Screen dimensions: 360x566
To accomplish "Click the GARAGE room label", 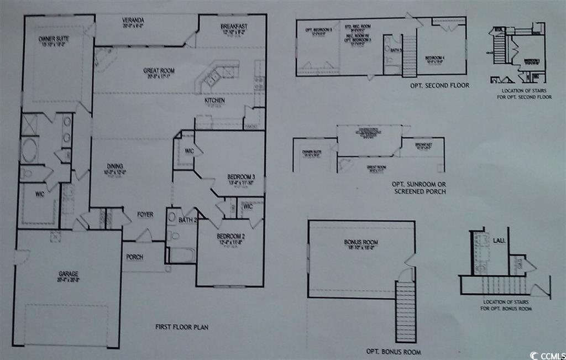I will pyautogui.click(x=69, y=274).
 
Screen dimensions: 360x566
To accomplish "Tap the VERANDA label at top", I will pyautogui.click(x=133, y=22).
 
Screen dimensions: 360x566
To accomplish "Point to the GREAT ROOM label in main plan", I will pyautogui.click(x=159, y=71).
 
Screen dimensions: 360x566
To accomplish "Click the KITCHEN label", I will pyautogui.click(x=214, y=101).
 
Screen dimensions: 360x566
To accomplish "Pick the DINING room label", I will pyautogui.click(x=115, y=166).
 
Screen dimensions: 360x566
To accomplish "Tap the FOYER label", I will pyautogui.click(x=145, y=215).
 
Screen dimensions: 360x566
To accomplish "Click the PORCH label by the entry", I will pyautogui.click(x=135, y=257).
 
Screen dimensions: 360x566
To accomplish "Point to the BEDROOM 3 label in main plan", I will pyautogui.click(x=240, y=177).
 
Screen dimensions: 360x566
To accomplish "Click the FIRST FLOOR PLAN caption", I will pyautogui.click(x=181, y=327).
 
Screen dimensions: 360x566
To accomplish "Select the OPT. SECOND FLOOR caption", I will pyautogui.click(x=439, y=86).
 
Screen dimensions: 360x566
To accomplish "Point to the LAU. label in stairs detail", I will pyautogui.click(x=497, y=241).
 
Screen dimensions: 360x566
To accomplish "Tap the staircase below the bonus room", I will pyautogui.click(x=406, y=304).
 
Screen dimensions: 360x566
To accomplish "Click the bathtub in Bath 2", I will pyautogui.click(x=182, y=255).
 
